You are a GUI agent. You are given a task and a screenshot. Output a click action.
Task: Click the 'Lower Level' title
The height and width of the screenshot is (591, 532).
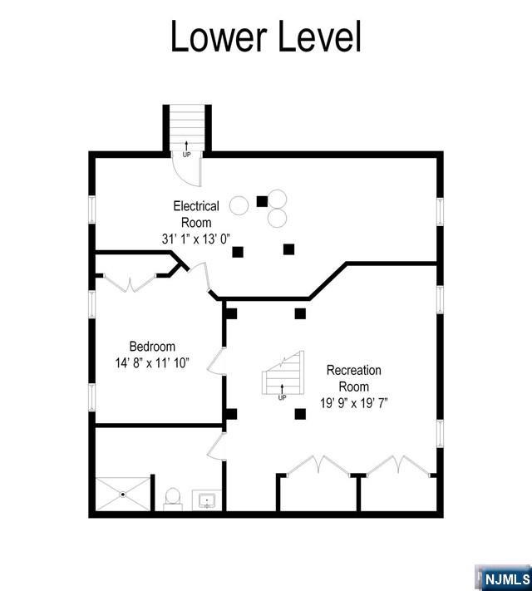tap(266, 37)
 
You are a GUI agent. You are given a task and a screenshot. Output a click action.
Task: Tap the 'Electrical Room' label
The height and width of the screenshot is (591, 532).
tap(196, 214)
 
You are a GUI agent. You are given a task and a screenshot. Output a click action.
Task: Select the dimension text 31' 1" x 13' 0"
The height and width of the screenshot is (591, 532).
tap(196, 239)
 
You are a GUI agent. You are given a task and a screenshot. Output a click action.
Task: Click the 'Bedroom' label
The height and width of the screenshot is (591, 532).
tap(152, 347)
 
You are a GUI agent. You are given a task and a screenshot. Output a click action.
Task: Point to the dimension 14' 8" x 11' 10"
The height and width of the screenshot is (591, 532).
tap(152, 362)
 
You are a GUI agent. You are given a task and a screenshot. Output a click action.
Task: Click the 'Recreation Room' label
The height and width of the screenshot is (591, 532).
tap(353, 378)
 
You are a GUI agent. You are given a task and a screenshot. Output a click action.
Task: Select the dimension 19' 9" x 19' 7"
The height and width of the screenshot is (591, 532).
tap(353, 403)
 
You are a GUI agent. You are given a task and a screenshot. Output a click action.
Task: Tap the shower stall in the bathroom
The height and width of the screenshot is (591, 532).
tap(123, 494)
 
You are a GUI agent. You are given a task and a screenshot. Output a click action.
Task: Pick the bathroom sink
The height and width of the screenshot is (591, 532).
tap(206, 500)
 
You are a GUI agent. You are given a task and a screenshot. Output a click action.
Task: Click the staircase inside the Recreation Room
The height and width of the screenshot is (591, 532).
tap(283, 378)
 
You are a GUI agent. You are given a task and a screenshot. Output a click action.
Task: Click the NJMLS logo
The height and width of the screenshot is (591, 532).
tap(504, 577)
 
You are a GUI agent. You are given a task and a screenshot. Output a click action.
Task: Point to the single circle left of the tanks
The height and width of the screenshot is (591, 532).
tap(239, 204)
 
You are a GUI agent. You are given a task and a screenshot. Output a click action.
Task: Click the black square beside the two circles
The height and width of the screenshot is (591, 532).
tap(262, 200)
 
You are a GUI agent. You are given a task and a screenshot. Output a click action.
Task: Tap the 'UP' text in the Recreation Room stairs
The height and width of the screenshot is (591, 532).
tap(282, 397)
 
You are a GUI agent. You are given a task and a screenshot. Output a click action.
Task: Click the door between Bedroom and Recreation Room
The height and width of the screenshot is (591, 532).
tap(216, 362)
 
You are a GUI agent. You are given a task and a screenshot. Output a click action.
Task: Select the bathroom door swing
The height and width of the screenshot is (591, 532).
tap(216, 446)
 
